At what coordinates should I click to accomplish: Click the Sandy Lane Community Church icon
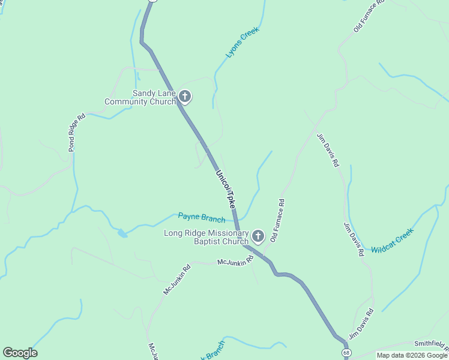tap(185, 97)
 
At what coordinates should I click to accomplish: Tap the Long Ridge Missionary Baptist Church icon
tap(258, 236)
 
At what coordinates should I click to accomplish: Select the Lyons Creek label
tap(243, 42)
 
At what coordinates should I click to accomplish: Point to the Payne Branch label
tap(202, 217)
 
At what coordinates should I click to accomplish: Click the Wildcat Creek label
tap(393, 240)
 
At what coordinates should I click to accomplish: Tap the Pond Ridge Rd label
tap(76, 132)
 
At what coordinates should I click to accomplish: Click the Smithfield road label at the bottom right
tap(431, 344)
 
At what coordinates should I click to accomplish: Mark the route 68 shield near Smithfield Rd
tap(346, 353)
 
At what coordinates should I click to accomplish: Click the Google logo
tap(20, 353)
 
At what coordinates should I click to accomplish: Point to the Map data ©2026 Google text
tap(412, 355)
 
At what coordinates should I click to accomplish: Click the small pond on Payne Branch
tap(122, 233)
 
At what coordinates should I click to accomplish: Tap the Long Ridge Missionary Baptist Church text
tap(206, 237)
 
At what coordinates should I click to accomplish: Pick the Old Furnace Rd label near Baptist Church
tap(278, 220)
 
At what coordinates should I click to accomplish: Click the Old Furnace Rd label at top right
tap(369, 16)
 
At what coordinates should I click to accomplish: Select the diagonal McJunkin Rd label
tap(177, 279)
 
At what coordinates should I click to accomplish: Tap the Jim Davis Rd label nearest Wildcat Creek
tap(353, 239)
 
